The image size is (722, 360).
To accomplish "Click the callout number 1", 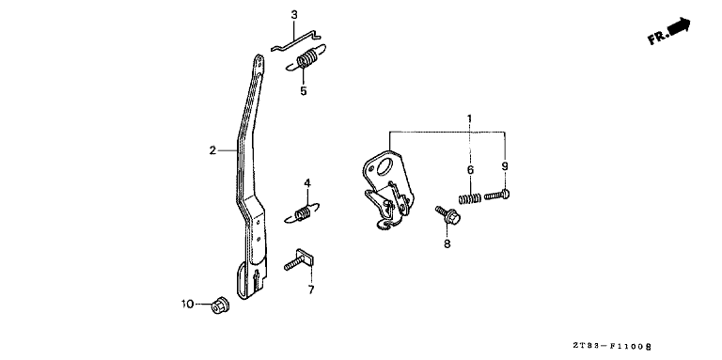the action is (x=469, y=118).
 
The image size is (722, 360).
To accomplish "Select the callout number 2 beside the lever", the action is (x=212, y=150).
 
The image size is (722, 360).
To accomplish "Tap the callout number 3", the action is (x=294, y=15).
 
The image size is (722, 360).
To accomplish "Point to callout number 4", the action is (x=307, y=183).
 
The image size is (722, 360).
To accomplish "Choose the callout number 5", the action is (x=303, y=91).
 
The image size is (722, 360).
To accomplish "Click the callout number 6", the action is (x=470, y=170).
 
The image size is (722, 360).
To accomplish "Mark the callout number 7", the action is (x=311, y=290).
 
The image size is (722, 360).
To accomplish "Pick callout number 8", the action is (x=447, y=243).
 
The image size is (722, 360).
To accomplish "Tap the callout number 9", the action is (x=505, y=166).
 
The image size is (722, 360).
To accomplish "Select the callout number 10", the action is (x=187, y=304).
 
